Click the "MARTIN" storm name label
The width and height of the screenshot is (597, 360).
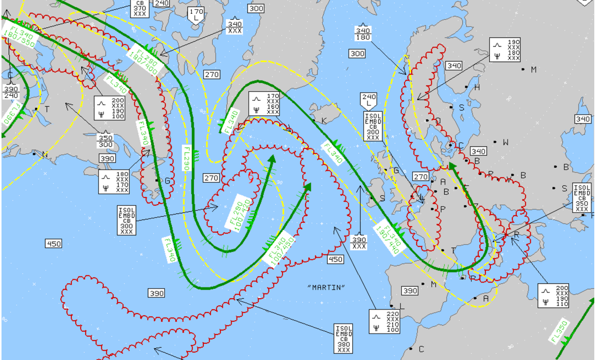pos(326,287)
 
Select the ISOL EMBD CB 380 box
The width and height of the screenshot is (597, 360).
pos(343,339)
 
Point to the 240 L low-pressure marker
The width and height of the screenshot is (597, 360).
pos(369,100)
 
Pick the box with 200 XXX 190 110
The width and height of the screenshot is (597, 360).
pos(554,296)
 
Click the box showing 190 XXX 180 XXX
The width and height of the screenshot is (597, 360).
pos(505,50)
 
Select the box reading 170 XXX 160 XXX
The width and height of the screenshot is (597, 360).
pos(264,104)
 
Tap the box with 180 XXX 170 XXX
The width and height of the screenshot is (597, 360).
pos(114,182)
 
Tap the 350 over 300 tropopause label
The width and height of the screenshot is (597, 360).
pos(105,140)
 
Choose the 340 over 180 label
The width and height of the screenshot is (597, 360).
pos(363,34)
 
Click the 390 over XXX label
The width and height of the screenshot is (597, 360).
pos(359,243)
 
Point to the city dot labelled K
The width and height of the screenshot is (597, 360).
pos(314,120)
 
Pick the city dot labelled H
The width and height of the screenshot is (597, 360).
pos(467,87)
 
